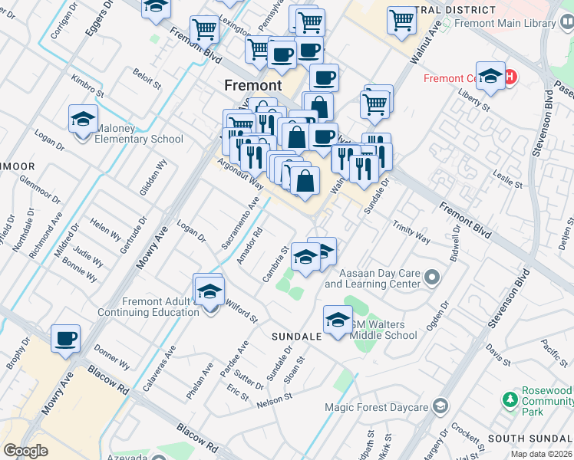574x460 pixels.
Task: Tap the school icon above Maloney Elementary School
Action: [83, 120]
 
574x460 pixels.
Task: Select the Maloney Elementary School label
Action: [139, 139]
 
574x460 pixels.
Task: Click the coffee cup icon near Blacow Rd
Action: [65, 338]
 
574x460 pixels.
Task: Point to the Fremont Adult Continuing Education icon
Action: [209, 291]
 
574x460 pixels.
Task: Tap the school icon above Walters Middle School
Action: [338, 320]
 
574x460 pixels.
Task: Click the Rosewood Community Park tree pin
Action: [508, 399]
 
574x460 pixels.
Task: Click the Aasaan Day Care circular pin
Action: [431, 277]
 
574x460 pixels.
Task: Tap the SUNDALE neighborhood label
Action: [296, 337]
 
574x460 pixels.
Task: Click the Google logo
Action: [25, 450]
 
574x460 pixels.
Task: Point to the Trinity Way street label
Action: [411, 232]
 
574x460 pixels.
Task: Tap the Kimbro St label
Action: [86, 84]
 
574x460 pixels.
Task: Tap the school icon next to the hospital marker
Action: [490, 77]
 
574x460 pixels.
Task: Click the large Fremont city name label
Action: [252, 84]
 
